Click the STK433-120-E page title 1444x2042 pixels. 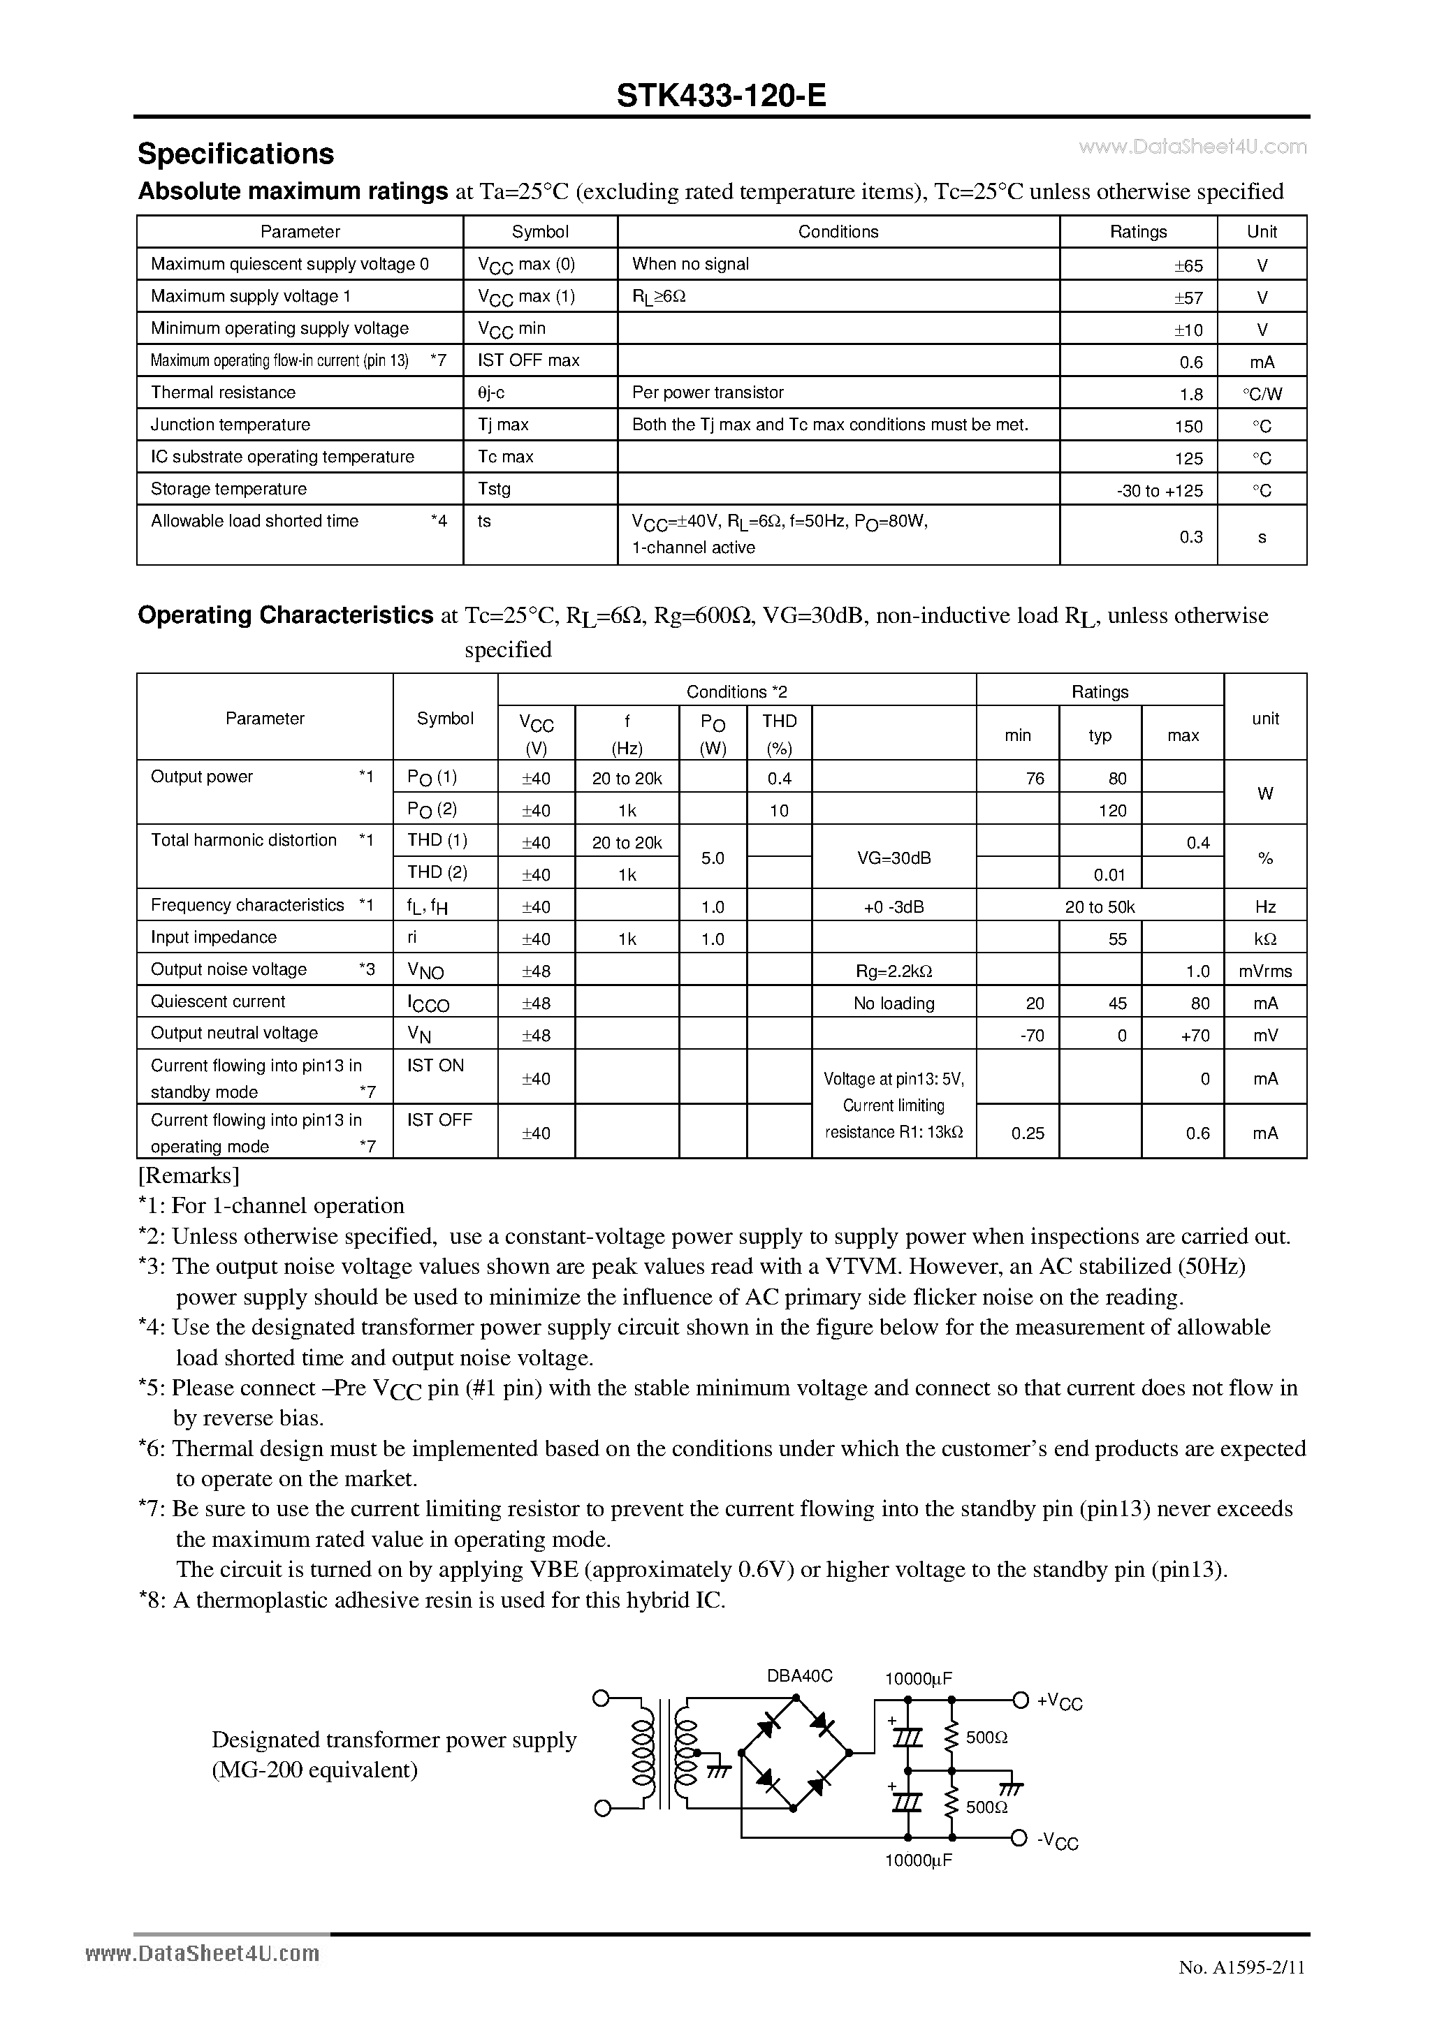[x=721, y=95]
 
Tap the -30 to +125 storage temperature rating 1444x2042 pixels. [x=1159, y=490]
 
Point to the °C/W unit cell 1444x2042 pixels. [x=1262, y=394]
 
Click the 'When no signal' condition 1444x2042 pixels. [x=690, y=264]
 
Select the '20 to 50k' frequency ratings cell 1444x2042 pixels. [x=1100, y=907]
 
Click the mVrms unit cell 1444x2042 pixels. [x=1264, y=971]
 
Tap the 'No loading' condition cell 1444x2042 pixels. [x=894, y=1004]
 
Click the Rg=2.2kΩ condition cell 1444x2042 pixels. [x=894, y=971]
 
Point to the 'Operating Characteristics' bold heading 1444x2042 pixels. [x=285, y=615]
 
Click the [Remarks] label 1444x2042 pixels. [x=189, y=1176]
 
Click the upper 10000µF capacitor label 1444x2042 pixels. [x=918, y=1678]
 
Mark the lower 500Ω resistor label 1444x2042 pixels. [x=986, y=1808]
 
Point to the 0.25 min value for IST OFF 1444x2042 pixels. [x=1028, y=1133]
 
